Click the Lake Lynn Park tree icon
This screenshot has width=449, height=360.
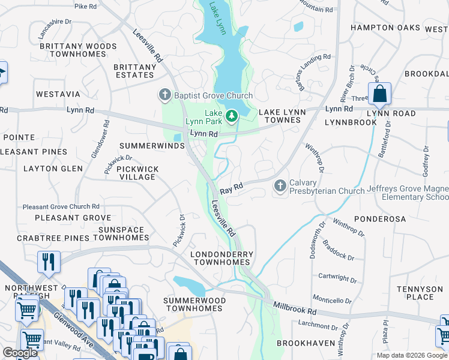(x=232, y=115)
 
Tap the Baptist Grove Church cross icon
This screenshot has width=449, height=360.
(x=164, y=95)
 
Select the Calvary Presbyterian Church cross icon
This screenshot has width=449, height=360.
(x=280, y=187)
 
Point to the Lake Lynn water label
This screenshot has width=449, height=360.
(x=217, y=18)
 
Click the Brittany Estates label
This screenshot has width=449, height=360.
(x=134, y=71)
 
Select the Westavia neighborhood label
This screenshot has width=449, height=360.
(x=58, y=94)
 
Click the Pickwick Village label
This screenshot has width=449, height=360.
(x=137, y=173)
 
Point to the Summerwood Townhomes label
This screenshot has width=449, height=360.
(x=194, y=304)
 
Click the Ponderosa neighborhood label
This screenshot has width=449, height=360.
(x=381, y=219)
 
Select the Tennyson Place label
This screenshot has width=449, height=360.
(x=420, y=293)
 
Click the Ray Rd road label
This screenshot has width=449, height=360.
(x=231, y=189)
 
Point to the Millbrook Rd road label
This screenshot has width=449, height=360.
(x=294, y=308)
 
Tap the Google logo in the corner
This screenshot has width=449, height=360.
(x=20, y=353)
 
